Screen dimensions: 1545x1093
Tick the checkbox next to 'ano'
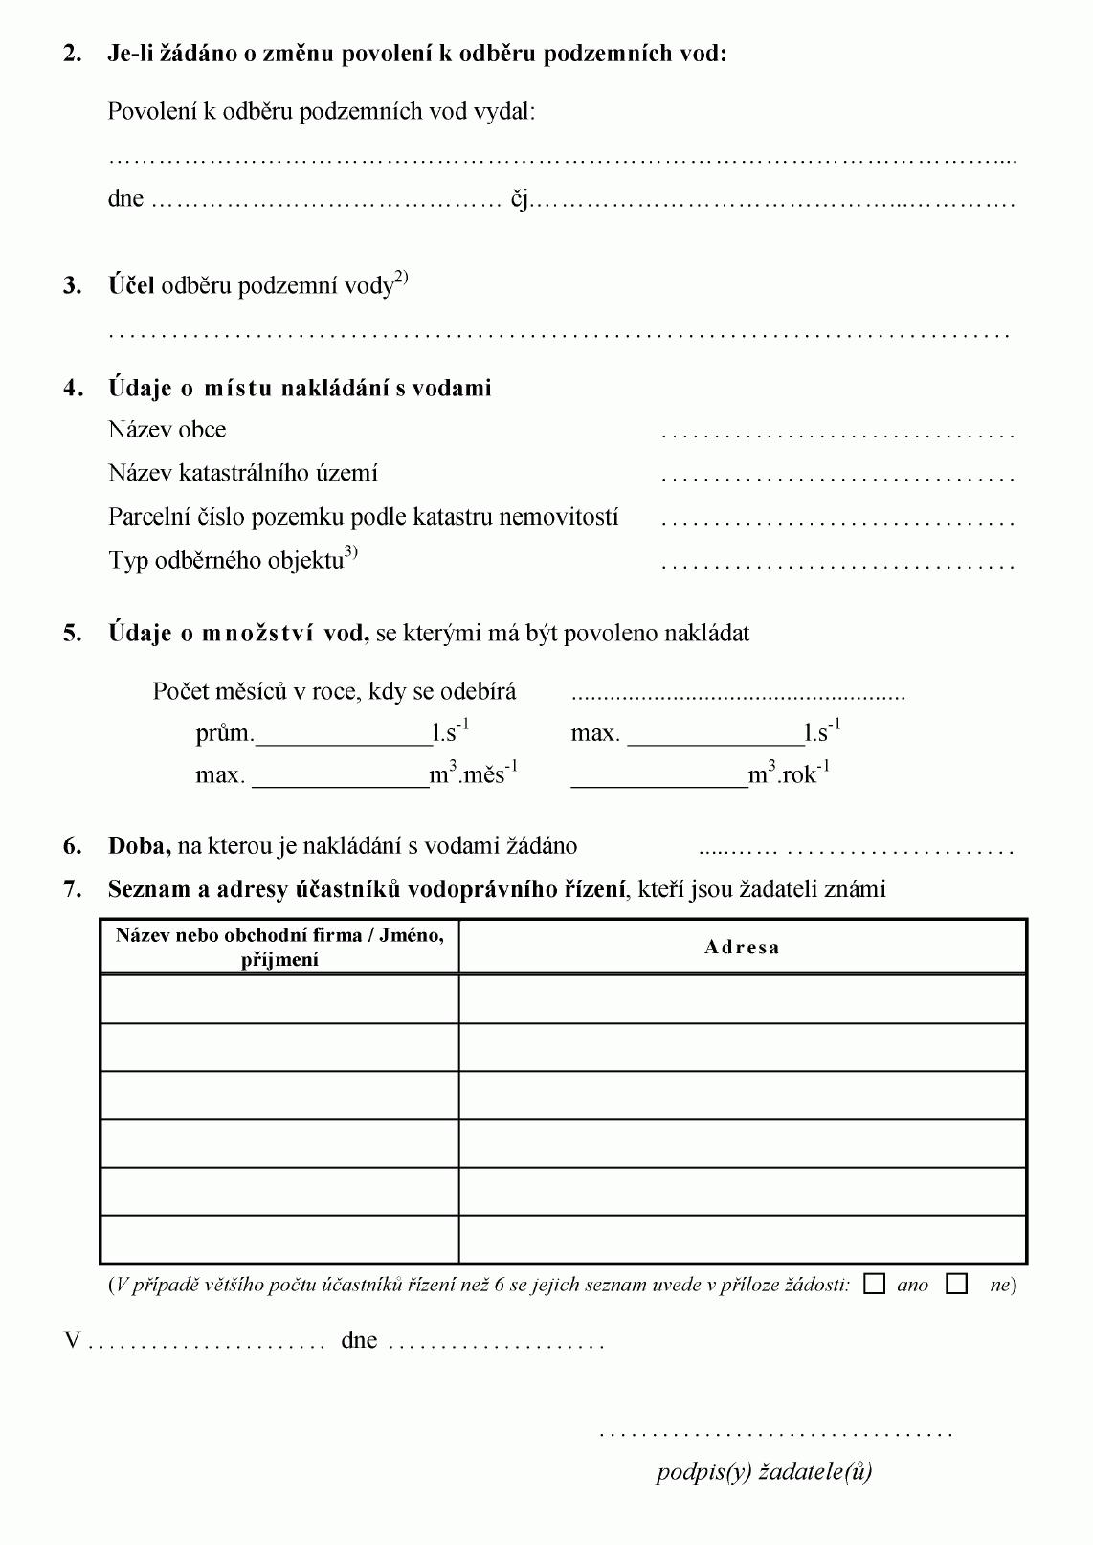(x=874, y=1284)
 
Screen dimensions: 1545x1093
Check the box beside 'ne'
(x=956, y=1284)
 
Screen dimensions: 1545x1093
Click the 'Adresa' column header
(x=742, y=947)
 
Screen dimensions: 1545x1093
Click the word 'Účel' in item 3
(x=131, y=285)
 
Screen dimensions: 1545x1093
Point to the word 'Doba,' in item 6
(x=139, y=845)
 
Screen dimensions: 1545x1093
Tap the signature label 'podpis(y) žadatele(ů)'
(x=764, y=1470)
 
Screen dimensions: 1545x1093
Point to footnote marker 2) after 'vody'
(x=401, y=278)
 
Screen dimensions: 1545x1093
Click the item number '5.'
(x=73, y=633)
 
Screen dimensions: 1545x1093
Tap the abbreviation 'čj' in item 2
(x=519, y=199)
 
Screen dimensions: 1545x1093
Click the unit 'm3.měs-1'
(x=474, y=773)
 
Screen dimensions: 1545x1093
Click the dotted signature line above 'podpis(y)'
(x=775, y=1434)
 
